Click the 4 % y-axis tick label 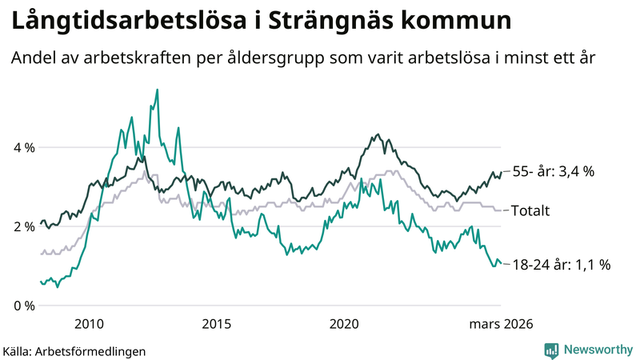point(24,148)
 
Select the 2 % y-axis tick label point(24,226)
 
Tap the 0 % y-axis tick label point(24,306)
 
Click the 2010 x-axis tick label point(89,323)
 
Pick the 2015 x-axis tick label point(217,323)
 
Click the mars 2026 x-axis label point(500,323)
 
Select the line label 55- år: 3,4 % point(553,172)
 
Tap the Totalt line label point(530,211)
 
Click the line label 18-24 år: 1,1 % point(561,265)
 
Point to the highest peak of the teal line point(157,90)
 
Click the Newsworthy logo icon point(551,350)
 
